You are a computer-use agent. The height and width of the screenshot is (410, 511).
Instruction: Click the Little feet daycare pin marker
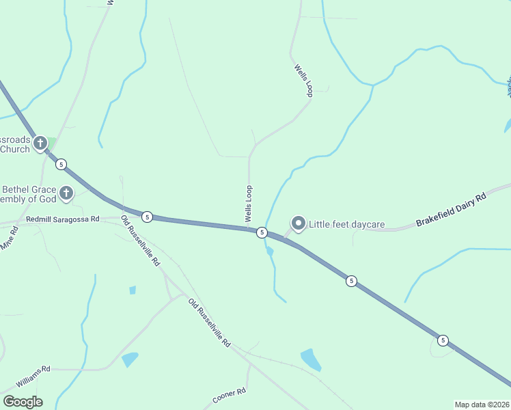tap(298, 223)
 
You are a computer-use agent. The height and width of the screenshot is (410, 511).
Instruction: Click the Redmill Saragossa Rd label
tap(62, 219)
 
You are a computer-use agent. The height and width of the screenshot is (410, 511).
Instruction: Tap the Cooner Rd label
tap(228, 396)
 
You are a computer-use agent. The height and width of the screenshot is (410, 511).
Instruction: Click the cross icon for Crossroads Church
tap(40, 143)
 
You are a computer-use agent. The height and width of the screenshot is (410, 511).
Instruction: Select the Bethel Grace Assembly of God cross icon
tap(66, 193)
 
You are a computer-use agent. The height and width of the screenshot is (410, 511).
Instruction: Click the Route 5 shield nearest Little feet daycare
tap(262, 233)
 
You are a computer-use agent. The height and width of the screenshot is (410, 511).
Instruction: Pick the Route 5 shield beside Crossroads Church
tap(61, 164)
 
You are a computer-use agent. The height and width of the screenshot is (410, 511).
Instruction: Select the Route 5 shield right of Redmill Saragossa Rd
tap(148, 216)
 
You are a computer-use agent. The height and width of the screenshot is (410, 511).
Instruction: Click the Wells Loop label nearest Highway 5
tap(249, 204)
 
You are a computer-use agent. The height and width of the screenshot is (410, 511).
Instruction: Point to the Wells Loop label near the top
tap(303, 80)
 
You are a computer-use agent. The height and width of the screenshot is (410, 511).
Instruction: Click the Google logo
tap(23, 402)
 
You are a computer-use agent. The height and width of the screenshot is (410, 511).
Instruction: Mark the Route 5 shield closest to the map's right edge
tap(443, 340)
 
